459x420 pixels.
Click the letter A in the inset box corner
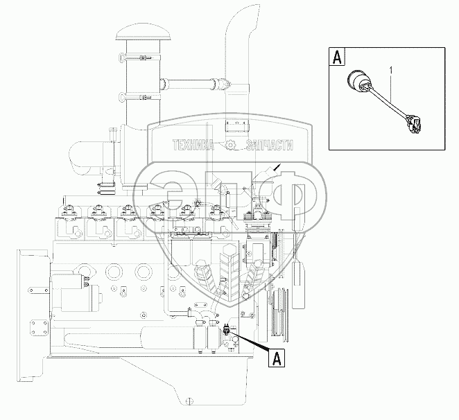tap(337, 57)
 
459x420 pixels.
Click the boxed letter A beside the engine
tap(277, 358)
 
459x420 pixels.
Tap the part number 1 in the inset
tap(391, 71)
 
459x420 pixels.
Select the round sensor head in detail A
tap(356, 79)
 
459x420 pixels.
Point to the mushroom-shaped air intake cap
tap(137, 34)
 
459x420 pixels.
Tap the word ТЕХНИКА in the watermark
tap(193, 145)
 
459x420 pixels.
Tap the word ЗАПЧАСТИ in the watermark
tap(269, 145)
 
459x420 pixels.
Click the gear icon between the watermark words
tap(230, 145)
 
